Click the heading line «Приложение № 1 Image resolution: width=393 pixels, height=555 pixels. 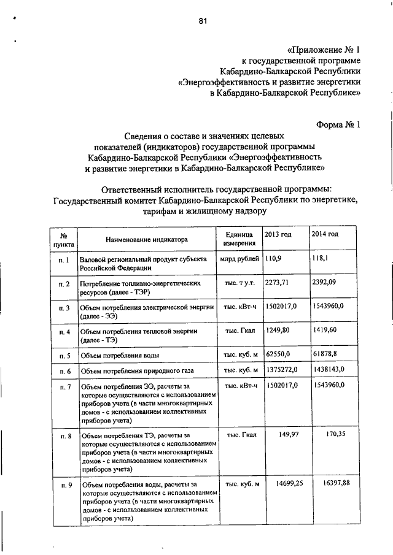(324, 49)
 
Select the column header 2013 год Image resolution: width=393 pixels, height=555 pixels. (278, 234)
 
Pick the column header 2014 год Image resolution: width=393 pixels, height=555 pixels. (325, 234)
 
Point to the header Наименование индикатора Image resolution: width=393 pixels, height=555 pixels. (146, 239)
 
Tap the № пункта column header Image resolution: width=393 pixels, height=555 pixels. (63, 240)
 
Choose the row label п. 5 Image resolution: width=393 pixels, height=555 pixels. (63, 356)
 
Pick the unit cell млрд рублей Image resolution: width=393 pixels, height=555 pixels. (239, 259)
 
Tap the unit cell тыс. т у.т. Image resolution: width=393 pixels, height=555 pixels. (239, 283)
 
